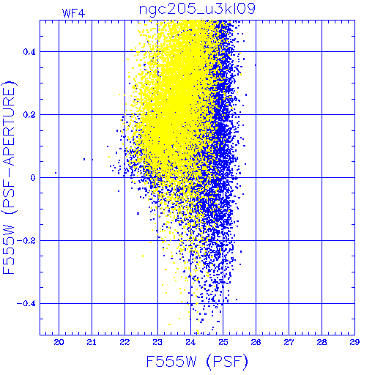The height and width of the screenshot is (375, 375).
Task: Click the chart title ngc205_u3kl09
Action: pos(197,10)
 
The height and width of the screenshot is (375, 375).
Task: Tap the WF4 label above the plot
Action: pos(73,13)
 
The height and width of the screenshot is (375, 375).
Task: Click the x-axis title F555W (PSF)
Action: pos(197,362)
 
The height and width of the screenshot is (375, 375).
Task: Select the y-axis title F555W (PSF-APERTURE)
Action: pos(9,178)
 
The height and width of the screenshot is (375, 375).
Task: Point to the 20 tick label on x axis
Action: pos(59,342)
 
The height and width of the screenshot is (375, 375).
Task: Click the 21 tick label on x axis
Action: pos(92,342)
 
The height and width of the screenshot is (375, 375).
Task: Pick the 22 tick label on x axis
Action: pos(125,342)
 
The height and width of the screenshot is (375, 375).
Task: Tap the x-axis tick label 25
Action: pos(223,342)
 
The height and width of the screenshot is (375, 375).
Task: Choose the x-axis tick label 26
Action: pos(256,342)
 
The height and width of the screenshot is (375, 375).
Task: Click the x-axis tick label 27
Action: pos(289,342)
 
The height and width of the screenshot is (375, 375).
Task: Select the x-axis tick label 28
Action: pos(322,342)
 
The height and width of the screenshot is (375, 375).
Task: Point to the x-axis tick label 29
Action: pos(354,342)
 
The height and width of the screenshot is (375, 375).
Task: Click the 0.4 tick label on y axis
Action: pos(29,52)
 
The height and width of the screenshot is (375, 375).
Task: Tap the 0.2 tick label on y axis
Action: pos(29,115)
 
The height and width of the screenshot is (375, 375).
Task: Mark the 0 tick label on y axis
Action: pos(33,178)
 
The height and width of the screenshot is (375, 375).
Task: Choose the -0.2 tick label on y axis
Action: pos(26,241)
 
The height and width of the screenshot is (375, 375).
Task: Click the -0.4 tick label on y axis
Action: pos(26,304)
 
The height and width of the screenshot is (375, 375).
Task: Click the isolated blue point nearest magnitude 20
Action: pos(56,173)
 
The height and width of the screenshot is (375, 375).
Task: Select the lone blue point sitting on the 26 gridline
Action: pos(256,65)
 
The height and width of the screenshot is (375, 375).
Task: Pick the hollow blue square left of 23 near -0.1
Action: pos(138,213)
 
